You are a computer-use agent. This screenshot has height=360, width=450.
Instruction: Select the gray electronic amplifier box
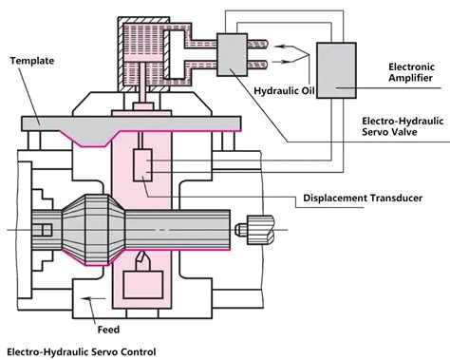(x=337, y=68)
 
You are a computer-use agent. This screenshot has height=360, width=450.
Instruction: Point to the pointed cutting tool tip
(x=142, y=258)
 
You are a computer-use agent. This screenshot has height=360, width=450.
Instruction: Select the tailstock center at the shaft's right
(x=257, y=229)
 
